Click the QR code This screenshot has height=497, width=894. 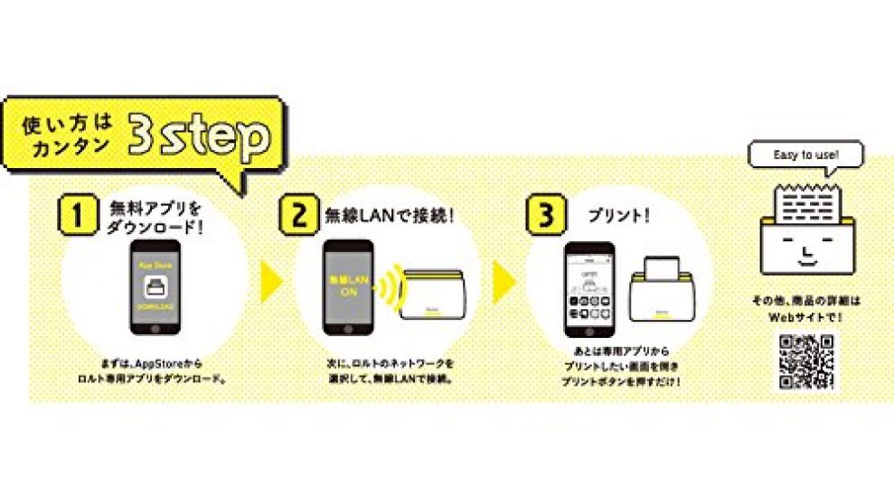point(805,361)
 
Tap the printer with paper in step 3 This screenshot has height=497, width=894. point(662,291)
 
